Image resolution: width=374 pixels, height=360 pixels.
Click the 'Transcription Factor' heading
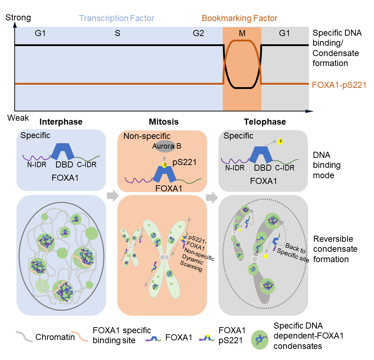pos(117,18)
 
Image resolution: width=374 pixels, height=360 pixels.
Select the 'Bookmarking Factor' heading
pos(240,18)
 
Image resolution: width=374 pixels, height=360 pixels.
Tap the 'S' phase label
pos(117,34)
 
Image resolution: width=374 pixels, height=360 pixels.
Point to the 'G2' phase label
pos(198,34)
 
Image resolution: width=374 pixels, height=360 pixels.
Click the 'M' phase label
pos(242,34)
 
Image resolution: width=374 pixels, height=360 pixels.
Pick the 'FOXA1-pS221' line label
pos(339,85)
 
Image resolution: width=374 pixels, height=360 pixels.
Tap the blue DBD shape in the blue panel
pos(63,152)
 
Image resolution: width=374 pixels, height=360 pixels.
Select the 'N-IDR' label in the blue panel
pos(37,165)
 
